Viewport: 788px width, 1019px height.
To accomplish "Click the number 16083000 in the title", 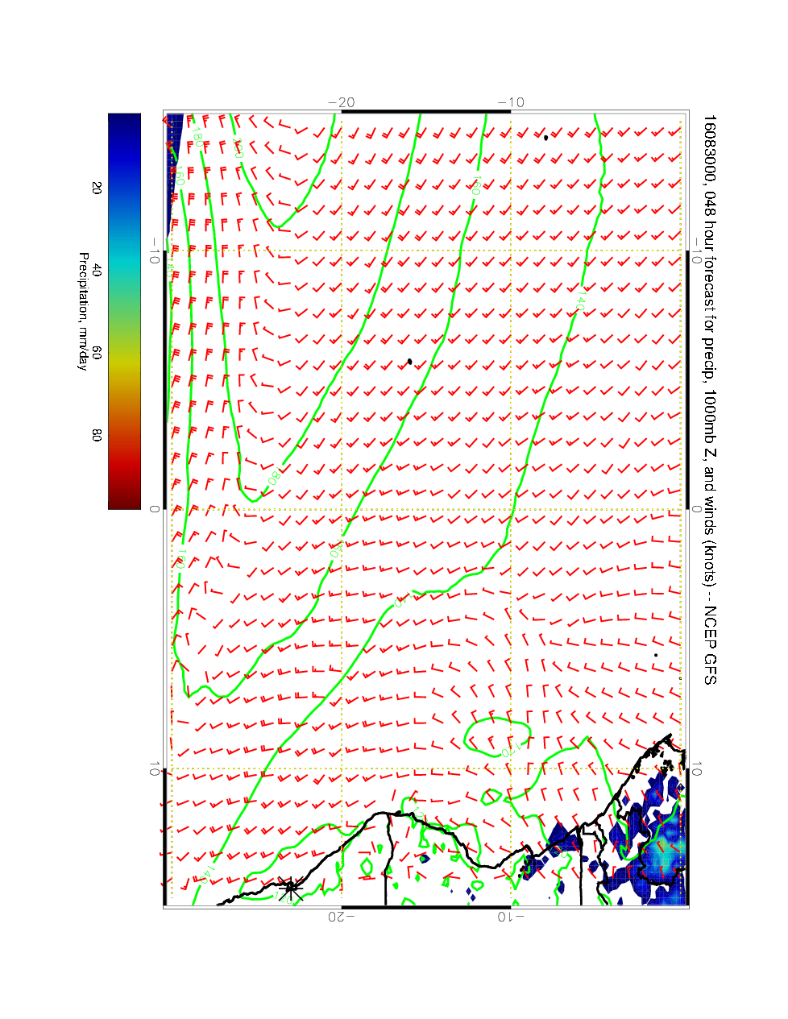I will pos(708,151).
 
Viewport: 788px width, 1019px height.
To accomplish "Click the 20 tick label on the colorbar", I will pos(97,188).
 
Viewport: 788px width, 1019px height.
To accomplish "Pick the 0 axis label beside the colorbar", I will pos(154,509).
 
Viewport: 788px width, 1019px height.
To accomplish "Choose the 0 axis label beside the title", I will pos(698,509).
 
